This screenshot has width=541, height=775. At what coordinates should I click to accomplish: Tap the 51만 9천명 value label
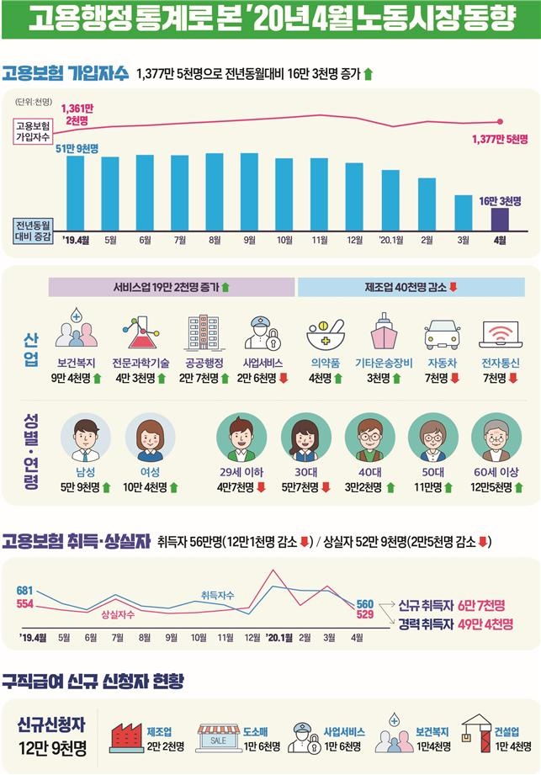(x=77, y=148)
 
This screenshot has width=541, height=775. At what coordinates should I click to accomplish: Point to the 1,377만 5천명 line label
(x=500, y=139)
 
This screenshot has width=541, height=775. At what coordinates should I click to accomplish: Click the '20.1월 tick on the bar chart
(x=390, y=240)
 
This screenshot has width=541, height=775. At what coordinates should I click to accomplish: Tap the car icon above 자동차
(x=442, y=333)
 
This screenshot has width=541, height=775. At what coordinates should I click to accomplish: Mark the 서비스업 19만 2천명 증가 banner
(x=172, y=287)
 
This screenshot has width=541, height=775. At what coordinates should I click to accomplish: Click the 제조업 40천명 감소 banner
(x=411, y=287)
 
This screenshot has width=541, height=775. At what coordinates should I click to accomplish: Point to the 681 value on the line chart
(x=24, y=590)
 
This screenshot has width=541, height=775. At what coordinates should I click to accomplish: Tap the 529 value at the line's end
(x=364, y=615)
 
